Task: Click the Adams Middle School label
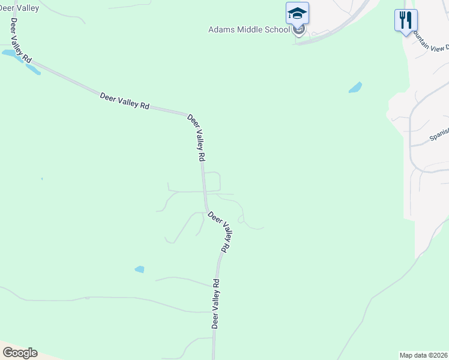coord(249,29)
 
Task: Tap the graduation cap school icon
coord(297,13)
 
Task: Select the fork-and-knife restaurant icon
coord(406,20)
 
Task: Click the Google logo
coord(20,353)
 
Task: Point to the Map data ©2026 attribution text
coord(424,355)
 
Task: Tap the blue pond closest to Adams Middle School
coord(355,88)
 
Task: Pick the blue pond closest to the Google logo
coord(139,269)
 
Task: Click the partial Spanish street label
coord(439,135)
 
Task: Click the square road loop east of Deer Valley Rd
coord(213,181)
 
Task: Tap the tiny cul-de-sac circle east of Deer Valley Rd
coord(241,220)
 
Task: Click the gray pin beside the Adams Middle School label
coord(299,29)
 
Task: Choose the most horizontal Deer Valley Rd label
coord(124,100)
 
